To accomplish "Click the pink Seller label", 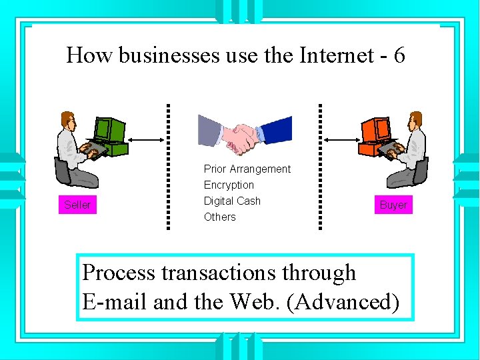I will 77,205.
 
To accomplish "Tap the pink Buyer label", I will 393,205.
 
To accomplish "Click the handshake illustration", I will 245,133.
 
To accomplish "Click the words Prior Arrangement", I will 247,169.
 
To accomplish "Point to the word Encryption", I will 229,185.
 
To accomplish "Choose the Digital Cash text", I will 232,201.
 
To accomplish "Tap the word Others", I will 219,217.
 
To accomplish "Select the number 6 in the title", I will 399,55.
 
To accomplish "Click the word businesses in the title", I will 159,55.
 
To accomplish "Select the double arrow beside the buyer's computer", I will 341,139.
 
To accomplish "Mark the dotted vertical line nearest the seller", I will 168,167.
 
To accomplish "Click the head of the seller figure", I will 68,120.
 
